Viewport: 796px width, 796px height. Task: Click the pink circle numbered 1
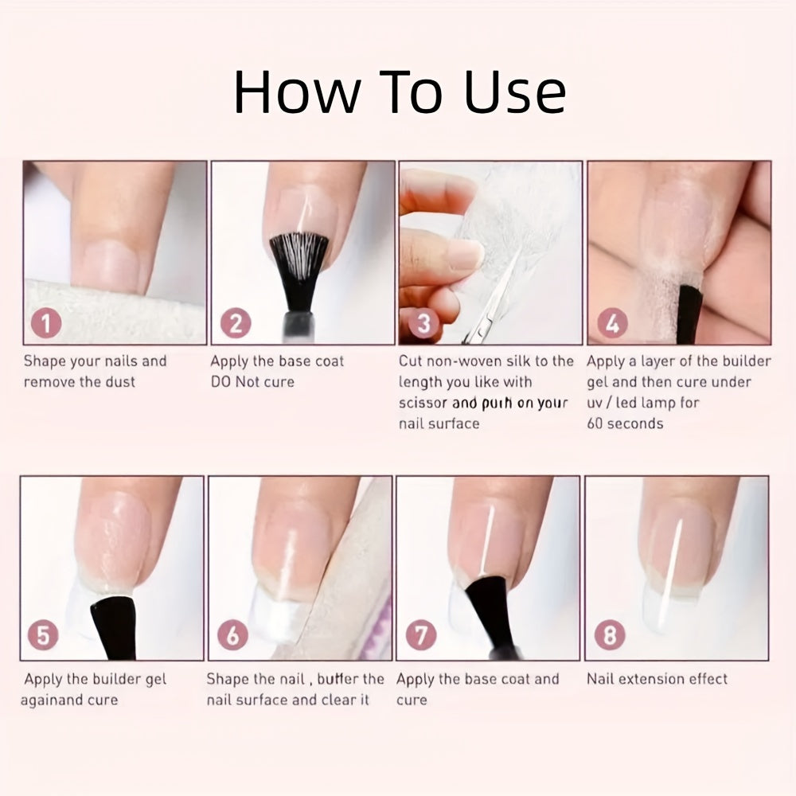pos(46,323)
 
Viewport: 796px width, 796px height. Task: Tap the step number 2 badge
pos(236,323)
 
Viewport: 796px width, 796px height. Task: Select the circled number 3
pos(423,323)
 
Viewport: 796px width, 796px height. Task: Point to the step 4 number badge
pos(612,323)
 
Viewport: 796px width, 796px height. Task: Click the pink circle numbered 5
pos(43,635)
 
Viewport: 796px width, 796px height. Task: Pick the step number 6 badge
pos(232,635)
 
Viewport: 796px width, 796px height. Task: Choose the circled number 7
pos(421,635)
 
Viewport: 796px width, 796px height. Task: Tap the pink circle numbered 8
pos(610,635)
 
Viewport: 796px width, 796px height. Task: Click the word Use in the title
pos(515,93)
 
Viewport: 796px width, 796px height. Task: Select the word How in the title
pos(297,92)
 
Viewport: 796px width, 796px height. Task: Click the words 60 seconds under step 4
pos(625,423)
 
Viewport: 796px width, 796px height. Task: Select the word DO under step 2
pos(220,382)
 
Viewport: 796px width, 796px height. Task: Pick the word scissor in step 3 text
pos(423,403)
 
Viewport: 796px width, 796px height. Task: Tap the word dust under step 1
pos(120,382)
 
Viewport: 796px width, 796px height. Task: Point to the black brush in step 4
pos(690,314)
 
